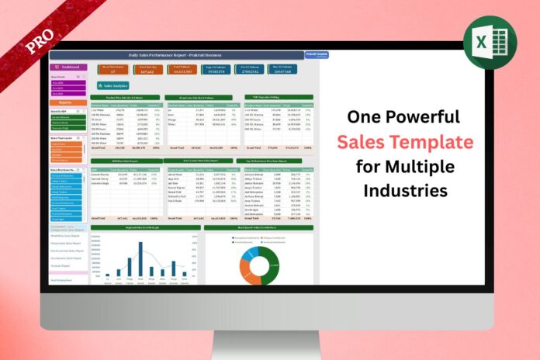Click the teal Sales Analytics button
(115, 85)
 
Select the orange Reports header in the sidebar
(68, 102)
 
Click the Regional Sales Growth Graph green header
(145, 228)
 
